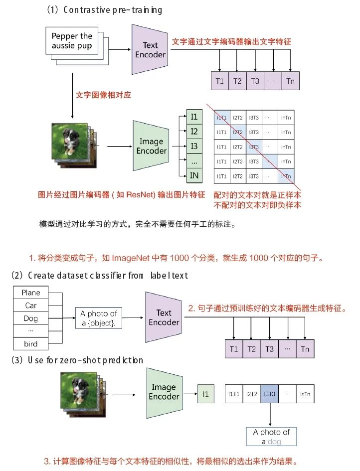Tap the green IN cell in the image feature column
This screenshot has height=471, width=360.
click(x=194, y=175)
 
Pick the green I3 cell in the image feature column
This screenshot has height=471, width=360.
click(x=194, y=146)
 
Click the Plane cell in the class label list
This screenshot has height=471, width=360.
click(x=31, y=293)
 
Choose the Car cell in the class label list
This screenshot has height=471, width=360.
click(x=31, y=305)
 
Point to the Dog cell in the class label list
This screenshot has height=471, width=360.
click(x=31, y=318)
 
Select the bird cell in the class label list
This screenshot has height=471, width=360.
click(x=31, y=344)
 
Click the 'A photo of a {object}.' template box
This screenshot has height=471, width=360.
click(x=98, y=317)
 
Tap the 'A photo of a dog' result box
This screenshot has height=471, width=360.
click(x=271, y=437)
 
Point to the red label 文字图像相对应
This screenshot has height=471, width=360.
click(x=103, y=95)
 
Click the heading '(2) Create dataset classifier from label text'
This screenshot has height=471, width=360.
click(x=100, y=275)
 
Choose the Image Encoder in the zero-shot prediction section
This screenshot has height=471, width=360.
click(x=164, y=391)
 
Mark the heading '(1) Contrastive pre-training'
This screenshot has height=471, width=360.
click(x=105, y=10)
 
